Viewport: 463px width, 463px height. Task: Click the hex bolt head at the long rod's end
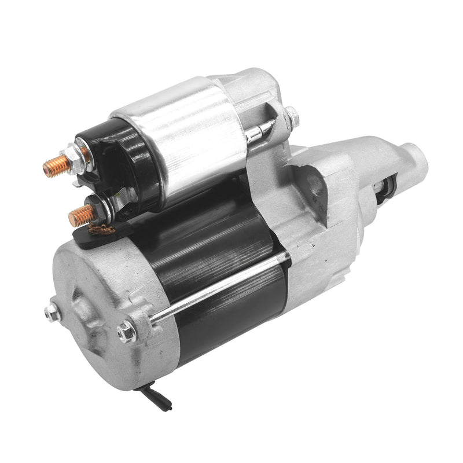(126, 332)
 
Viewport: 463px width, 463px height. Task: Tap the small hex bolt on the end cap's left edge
(52, 313)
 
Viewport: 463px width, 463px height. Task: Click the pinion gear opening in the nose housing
(384, 191)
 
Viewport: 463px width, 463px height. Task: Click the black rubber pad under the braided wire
(93, 237)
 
